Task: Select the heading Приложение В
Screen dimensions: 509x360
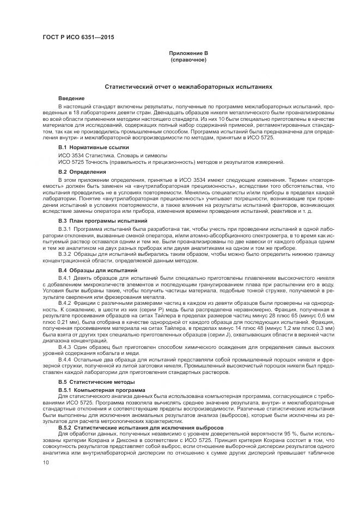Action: point(188,54)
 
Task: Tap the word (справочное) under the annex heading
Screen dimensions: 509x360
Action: point(188,59)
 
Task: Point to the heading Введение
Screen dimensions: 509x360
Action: point(71,97)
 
